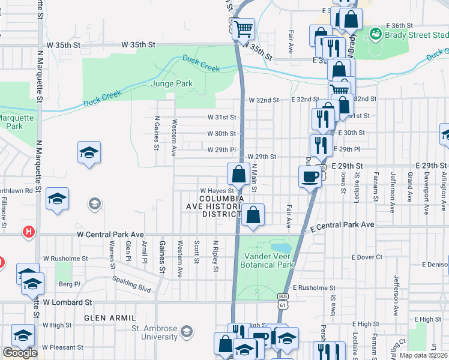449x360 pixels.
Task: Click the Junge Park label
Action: [172, 84]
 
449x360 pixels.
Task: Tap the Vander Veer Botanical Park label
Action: [267, 260]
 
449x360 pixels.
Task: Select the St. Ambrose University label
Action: [154, 332]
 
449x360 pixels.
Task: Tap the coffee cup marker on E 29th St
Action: [310, 176]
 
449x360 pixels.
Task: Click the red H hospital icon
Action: [28, 231]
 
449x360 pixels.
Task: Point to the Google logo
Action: [20, 353]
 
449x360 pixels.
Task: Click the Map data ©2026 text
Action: [423, 355]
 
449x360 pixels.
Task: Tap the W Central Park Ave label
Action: [110, 234]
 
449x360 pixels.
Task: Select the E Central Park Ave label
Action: [342, 226]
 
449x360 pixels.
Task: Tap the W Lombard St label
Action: [67, 302]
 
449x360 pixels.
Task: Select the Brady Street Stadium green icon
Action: [375, 33]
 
